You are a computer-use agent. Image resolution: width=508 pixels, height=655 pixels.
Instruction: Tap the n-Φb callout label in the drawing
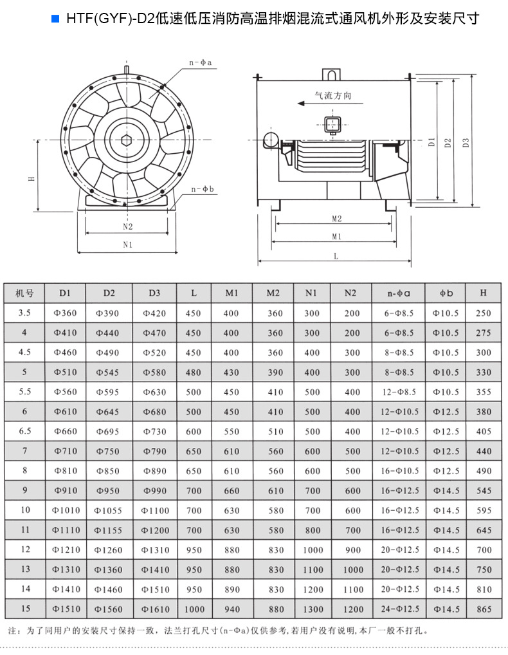203,189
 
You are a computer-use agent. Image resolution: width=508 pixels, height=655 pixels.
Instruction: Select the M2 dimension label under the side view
336,219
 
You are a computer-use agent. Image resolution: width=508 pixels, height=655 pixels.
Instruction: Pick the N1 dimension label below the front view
127,244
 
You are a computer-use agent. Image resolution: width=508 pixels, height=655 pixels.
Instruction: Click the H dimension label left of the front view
31,178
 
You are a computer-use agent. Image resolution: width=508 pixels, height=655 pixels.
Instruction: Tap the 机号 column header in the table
24,293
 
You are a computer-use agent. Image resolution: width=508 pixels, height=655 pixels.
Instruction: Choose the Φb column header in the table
446,293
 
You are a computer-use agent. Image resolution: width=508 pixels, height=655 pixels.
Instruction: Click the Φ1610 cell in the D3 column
154,609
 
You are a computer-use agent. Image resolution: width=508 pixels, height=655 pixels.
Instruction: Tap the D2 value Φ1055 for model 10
109,510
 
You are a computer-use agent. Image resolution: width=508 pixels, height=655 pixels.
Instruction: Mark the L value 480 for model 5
194,373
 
